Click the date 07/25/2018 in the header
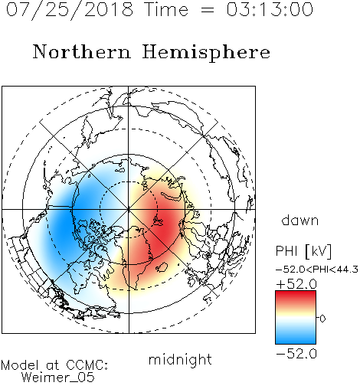tap(70, 9)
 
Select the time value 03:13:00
tap(270, 9)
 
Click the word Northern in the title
tap(82, 52)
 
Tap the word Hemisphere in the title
tap(206, 53)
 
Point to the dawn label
tap(300, 220)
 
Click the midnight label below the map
tap(180, 360)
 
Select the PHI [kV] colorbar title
tap(303, 251)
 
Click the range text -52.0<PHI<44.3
tap(317, 270)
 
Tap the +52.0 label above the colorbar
tap(296, 284)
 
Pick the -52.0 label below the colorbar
tap(296, 354)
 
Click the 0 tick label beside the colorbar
tap(322, 319)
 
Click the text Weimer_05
tap(58, 378)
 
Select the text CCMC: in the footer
tap(87, 365)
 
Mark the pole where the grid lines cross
tap(129, 210)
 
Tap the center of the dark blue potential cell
tap(64, 222)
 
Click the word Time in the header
tap(166, 9)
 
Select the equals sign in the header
tap(208, 10)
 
